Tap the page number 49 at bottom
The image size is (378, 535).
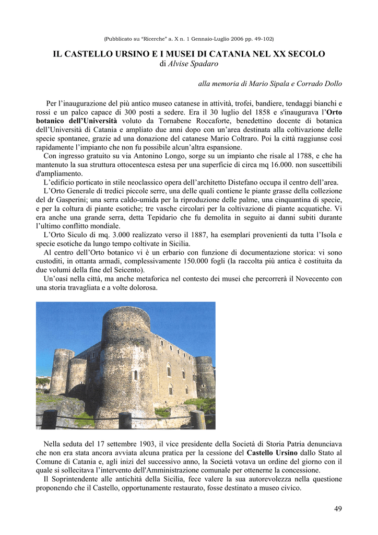point(338,509)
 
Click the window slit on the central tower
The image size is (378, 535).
point(136,375)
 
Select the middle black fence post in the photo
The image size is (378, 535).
point(125,420)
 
